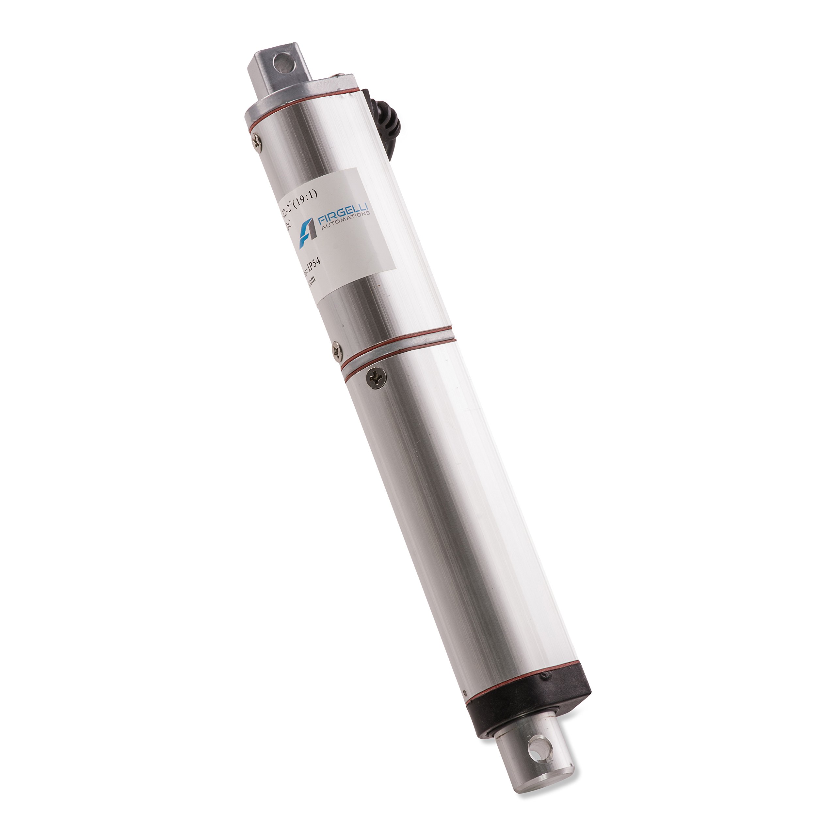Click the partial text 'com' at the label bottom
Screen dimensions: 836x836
click(x=310, y=281)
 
